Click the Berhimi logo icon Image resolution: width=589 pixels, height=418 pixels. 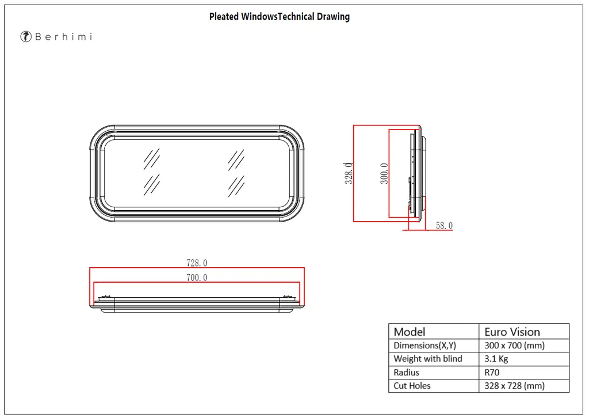pos(26,37)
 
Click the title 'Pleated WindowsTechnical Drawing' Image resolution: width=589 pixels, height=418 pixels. pos(279,17)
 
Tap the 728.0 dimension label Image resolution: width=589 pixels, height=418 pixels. pos(197,263)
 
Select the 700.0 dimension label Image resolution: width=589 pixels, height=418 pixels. pos(197,278)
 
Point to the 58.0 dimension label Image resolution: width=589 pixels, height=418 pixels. pos(444,226)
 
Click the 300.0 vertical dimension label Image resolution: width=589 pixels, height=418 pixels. pos(384,173)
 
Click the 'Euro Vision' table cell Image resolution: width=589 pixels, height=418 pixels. pos(512,332)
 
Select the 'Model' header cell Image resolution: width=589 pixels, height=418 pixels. pos(410,332)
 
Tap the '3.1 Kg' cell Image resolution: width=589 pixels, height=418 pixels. pos(496,359)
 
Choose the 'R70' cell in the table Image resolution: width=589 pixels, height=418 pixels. pos(492,373)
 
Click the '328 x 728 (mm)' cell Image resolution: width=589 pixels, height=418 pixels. pos(514,386)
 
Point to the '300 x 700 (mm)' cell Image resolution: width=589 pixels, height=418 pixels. pos(514,345)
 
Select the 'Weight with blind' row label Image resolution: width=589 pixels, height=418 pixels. pos(428,359)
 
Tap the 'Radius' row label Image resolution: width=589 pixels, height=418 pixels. pos(407,373)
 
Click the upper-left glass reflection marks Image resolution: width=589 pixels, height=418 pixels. pos(152,158)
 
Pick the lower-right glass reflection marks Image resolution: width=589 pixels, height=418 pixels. pos(236,185)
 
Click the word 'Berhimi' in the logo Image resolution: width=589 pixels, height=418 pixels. pos(63,37)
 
